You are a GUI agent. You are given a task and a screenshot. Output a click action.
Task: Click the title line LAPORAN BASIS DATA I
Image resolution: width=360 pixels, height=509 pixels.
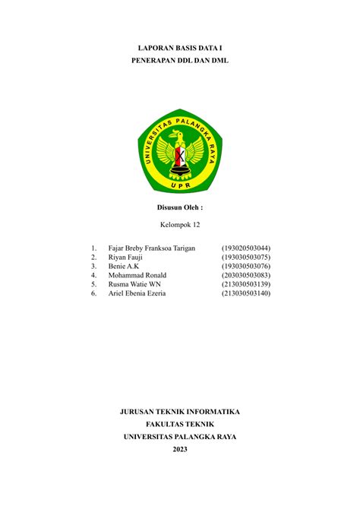point(179,47)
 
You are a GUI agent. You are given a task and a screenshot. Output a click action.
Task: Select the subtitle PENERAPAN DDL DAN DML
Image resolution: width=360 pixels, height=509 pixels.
point(179,60)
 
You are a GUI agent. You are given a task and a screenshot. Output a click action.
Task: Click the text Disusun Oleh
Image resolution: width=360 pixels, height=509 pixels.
point(179,207)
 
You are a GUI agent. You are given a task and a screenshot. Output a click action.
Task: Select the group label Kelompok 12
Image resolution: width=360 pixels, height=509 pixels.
point(179,225)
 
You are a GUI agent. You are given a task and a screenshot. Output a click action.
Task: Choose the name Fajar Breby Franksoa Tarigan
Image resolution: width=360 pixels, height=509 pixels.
point(152,248)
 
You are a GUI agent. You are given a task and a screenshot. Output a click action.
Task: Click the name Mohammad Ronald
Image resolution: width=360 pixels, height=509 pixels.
point(137,275)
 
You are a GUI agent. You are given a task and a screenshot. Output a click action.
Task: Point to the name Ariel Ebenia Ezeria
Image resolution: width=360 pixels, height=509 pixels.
point(137,293)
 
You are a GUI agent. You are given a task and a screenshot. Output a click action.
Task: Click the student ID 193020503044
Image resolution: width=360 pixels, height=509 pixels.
point(245,248)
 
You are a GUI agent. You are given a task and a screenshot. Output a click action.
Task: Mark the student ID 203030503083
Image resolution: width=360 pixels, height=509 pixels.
point(245,275)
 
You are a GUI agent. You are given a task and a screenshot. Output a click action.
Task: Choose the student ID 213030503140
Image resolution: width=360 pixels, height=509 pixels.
point(245,293)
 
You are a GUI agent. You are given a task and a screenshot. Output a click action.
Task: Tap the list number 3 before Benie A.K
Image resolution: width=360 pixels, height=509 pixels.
point(92,267)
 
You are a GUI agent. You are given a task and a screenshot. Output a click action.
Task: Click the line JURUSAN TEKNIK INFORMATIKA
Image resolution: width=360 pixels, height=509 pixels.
point(180,412)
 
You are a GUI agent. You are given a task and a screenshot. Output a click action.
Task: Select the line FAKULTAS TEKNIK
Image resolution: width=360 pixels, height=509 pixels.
point(180,424)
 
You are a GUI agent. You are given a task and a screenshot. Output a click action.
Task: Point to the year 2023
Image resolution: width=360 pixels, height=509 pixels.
point(180,449)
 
